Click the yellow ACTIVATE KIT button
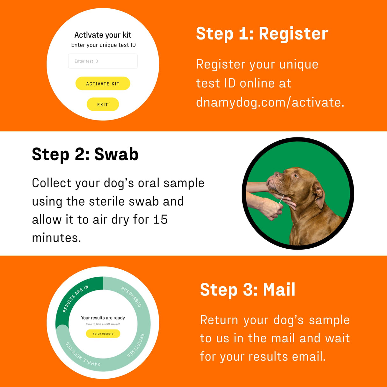click(103, 84)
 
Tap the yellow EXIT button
click(103, 105)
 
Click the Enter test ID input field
click(103, 61)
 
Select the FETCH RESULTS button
click(103, 334)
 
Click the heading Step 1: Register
click(262, 34)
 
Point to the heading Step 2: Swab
click(85, 155)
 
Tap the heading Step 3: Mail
click(248, 290)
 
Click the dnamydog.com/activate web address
click(270, 103)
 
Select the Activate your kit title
click(103, 35)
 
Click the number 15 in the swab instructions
click(160, 220)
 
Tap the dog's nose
click(278, 174)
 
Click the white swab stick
click(281, 200)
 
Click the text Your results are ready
click(103, 318)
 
